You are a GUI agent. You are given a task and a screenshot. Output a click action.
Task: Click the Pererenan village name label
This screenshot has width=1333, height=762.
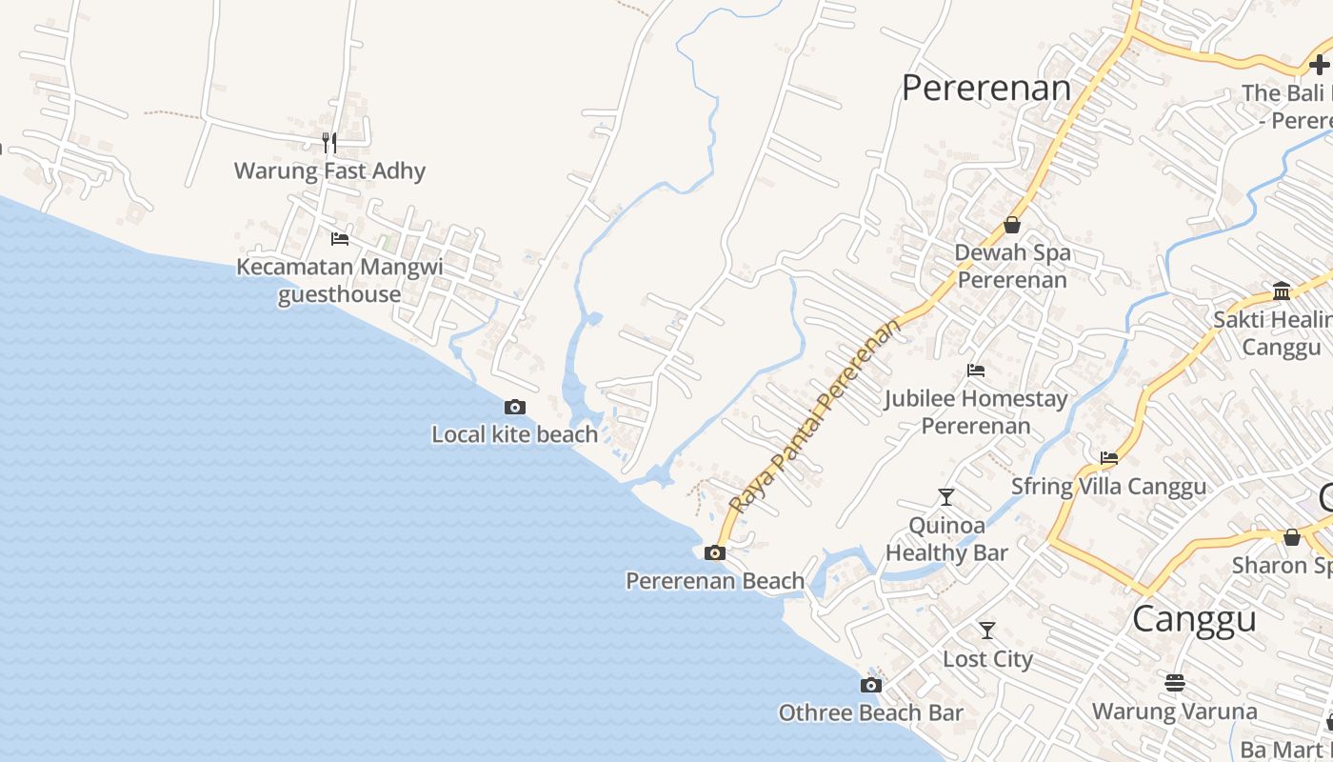click(x=985, y=88)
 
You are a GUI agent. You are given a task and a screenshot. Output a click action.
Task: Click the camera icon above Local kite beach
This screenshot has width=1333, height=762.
click(x=514, y=408)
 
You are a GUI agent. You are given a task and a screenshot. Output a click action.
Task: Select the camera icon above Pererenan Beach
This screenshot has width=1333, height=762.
click(x=714, y=552)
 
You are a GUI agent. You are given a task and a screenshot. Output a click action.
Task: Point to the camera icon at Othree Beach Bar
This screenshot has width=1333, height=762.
click(x=870, y=685)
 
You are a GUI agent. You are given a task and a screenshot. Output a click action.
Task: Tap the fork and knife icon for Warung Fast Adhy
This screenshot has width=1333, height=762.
click(x=329, y=143)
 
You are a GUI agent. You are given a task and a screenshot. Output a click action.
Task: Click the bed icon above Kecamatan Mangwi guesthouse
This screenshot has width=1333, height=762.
click(x=339, y=238)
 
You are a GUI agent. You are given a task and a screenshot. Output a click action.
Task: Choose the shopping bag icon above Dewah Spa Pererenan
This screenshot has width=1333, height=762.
click(x=1012, y=226)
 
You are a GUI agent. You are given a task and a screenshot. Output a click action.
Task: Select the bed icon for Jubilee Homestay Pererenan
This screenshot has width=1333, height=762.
click(x=976, y=371)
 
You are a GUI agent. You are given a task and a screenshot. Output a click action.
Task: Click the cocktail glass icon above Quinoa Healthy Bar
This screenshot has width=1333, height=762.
click(x=945, y=496)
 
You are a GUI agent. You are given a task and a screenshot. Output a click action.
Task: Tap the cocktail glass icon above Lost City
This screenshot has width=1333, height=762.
click(x=987, y=631)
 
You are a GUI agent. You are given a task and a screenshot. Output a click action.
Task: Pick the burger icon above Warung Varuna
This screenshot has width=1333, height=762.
click(x=1174, y=683)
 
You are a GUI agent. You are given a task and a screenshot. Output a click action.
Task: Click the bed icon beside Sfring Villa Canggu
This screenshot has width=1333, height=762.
click(x=1109, y=458)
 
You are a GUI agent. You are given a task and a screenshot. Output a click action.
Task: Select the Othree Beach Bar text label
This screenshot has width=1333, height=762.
click(x=870, y=712)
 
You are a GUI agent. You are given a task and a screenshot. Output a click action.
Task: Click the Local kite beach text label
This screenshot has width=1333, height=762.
click(x=514, y=434)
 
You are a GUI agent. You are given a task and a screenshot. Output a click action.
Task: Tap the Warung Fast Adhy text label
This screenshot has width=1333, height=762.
click(x=329, y=170)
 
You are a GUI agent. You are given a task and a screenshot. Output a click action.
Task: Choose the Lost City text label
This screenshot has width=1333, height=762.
click(x=987, y=658)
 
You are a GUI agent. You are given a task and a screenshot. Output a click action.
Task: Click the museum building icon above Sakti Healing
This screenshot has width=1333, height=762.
click(x=1281, y=291)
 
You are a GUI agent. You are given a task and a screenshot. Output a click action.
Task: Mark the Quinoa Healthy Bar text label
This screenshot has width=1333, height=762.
click(x=946, y=538)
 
